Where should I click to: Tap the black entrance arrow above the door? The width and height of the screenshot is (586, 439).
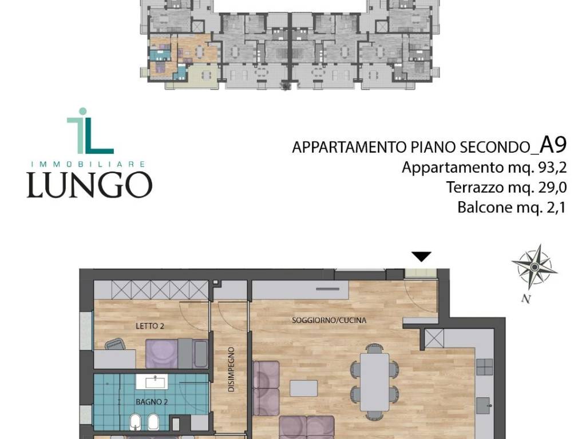coord(422,257)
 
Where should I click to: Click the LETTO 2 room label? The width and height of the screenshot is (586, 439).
coord(150,326)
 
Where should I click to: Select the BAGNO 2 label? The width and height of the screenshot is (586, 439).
coord(152,402)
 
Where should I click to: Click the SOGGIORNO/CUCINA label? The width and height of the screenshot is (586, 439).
coord(329,321)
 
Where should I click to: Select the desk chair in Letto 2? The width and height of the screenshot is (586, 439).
coord(115,345)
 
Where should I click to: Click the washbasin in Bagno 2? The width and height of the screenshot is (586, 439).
coord(155,381)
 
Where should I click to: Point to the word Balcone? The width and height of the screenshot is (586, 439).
coord(484,207)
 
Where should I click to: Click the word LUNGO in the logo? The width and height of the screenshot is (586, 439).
coord(89,185)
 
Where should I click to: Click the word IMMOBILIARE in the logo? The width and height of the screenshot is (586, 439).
coord(89,163)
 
